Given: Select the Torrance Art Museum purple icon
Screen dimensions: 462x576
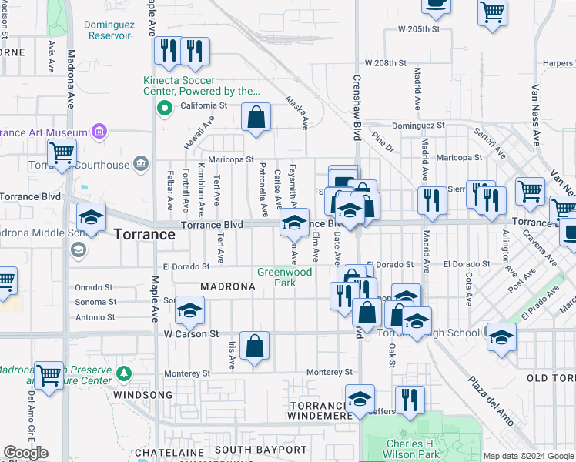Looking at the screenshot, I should (99, 132).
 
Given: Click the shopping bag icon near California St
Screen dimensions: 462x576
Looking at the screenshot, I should (256, 119).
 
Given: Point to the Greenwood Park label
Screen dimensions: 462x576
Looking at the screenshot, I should (284, 277).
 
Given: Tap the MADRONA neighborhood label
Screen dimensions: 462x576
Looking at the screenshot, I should (228, 286).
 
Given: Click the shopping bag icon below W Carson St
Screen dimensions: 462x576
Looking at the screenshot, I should (254, 346).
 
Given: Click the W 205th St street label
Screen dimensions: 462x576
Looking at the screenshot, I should (418, 28).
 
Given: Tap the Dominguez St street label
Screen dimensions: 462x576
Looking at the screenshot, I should (418, 125).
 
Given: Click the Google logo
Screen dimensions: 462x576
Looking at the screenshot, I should (25, 453).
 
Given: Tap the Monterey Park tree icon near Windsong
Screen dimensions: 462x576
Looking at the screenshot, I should (123, 374).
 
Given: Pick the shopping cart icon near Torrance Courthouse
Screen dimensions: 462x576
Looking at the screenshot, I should (62, 153).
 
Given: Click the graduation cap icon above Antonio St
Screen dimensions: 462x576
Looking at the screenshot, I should (189, 310).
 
